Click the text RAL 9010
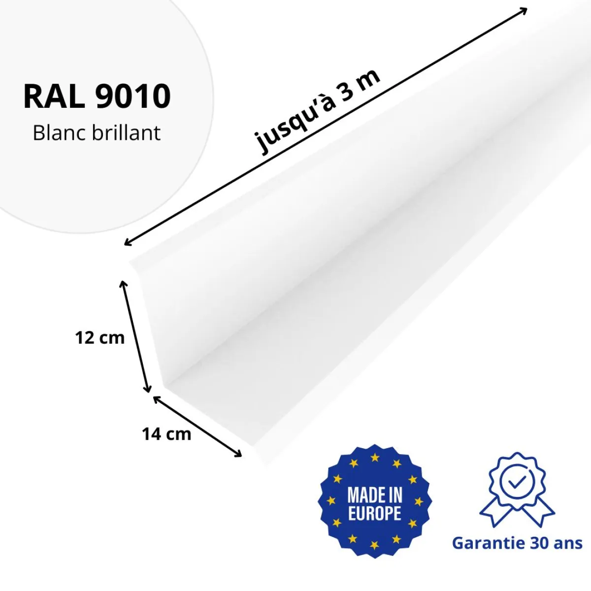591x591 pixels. point(97,96)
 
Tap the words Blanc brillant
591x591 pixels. point(97,133)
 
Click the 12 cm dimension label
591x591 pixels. point(100,338)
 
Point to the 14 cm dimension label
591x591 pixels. point(166,434)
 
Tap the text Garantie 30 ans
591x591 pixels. point(517,543)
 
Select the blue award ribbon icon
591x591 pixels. point(517,490)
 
